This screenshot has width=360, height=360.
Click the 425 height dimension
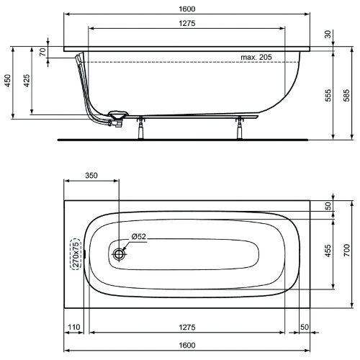click(27, 81)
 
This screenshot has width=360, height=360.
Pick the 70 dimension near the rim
click(43, 52)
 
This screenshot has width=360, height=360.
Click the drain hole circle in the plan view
click(120, 253)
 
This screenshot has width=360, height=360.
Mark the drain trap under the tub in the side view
click(115, 117)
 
